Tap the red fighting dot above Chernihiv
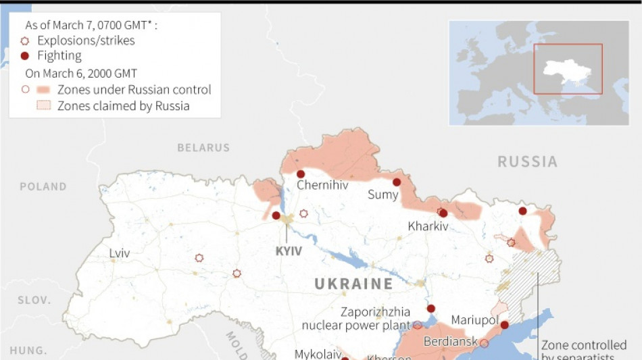[x=301, y=174]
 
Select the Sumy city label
[x=383, y=195]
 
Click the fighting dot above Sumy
[x=397, y=182]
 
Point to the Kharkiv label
[x=428, y=226]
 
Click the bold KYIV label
[x=289, y=251]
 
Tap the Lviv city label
[x=120, y=253]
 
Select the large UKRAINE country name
[x=353, y=284]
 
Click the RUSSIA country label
[x=527, y=162]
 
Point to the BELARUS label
[x=203, y=147]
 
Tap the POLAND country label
[x=43, y=186]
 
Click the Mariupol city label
[x=474, y=319]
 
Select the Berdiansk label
[x=451, y=342]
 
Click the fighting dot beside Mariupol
[x=504, y=325]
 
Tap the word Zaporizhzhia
[x=375, y=312]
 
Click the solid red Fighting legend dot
[x=25, y=56]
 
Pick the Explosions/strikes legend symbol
[x=25, y=41]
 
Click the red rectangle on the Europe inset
[x=568, y=69]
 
